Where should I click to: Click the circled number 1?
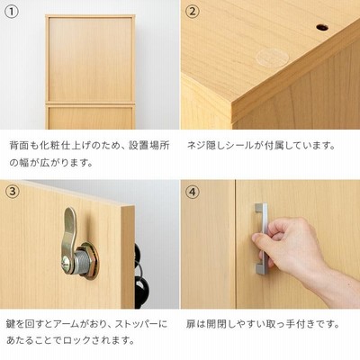pyautogui.click(x=13, y=12)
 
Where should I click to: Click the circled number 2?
pyautogui.click(x=192, y=12)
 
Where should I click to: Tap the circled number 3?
pyautogui.click(x=13, y=192)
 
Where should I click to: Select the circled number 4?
pyautogui.click(x=192, y=192)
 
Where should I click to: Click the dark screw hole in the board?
pyautogui.click(x=321, y=28)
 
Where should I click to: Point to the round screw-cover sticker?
pyautogui.click(x=273, y=58)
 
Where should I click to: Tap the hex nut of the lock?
pyautogui.click(x=89, y=261)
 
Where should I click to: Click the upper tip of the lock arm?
pyautogui.click(x=70, y=209)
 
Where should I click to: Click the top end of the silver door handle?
pyautogui.click(x=260, y=207)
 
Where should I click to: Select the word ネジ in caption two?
pyautogui.click(x=197, y=146)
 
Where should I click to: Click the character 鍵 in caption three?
pyautogui.click(x=12, y=324)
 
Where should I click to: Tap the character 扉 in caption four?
pyautogui.click(x=191, y=324)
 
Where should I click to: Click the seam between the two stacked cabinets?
pyautogui.click(x=89, y=104)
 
